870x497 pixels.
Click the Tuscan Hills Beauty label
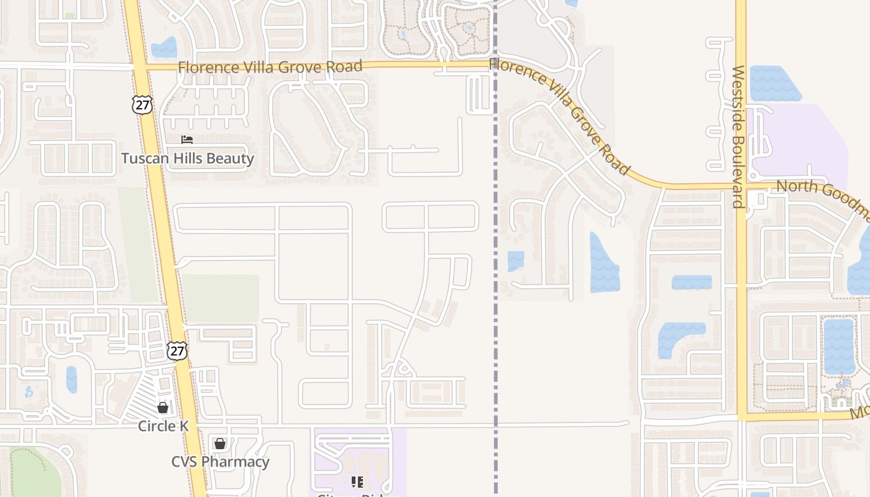pos(188,158)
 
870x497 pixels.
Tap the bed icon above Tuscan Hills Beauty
pos(187,140)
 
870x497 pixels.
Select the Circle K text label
pos(163,426)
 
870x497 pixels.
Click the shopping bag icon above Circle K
pos(163,408)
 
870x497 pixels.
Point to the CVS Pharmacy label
pos(220,462)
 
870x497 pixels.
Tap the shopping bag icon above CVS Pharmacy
pos(219,444)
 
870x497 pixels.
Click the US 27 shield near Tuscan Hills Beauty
pos(142,104)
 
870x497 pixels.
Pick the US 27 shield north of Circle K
pos(177,350)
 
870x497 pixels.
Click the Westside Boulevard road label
pos(738,137)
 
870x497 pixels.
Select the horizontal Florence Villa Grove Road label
pos(270,66)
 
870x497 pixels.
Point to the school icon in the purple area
pos(357,481)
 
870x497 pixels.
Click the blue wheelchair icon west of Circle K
pos(28,392)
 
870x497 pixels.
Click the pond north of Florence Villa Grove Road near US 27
pos(164,48)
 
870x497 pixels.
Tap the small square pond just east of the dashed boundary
pos(516,261)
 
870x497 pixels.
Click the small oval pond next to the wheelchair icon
pos(71,379)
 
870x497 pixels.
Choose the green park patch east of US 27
pos(221,298)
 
